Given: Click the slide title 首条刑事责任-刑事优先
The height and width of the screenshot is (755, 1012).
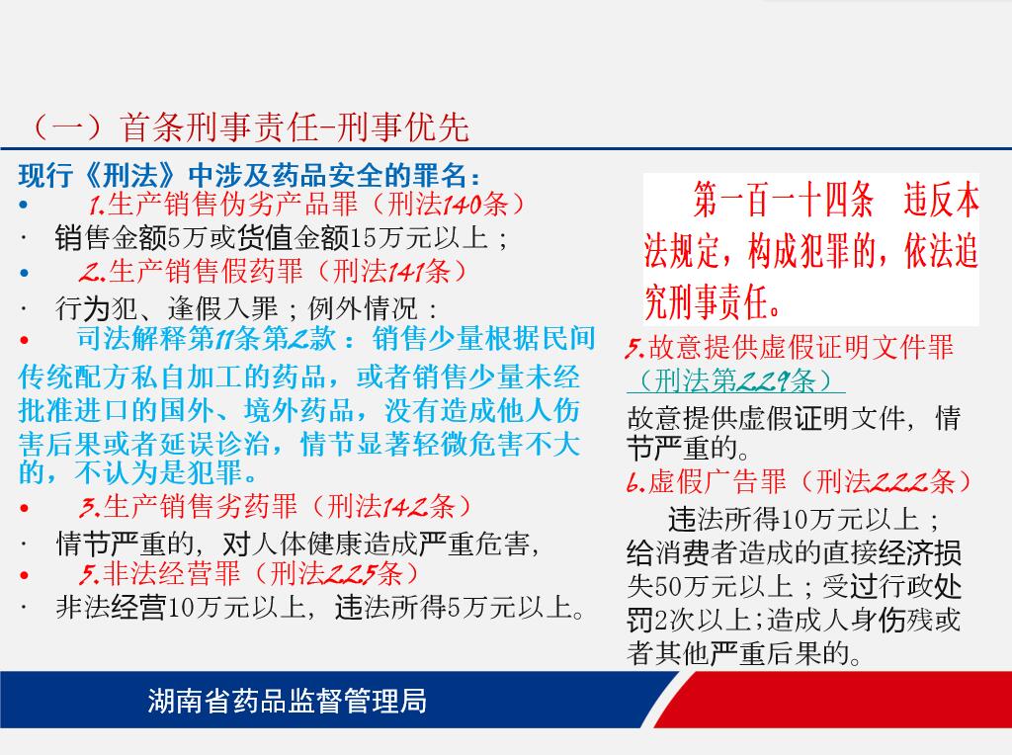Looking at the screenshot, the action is [x=294, y=126].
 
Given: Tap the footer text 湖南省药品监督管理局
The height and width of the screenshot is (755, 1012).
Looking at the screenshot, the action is [x=288, y=701].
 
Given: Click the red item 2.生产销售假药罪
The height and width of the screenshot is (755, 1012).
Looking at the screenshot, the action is [x=191, y=271].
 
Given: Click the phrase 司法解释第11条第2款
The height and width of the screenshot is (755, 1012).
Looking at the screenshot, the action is [x=207, y=339].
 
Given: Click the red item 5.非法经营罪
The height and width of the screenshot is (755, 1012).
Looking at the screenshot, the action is [x=159, y=574].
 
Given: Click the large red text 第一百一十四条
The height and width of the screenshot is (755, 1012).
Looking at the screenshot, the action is [x=784, y=200].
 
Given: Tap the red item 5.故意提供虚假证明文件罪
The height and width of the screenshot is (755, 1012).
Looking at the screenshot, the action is [x=790, y=348].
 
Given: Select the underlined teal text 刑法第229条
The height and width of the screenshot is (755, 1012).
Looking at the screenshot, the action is [x=735, y=380].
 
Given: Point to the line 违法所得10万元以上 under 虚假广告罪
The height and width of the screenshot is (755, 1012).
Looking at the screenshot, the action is [x=794, y=519].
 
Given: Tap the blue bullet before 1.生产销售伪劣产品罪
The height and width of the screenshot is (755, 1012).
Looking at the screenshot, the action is [x=24, y=206].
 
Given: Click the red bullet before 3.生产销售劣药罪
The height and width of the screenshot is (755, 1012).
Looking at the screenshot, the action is [x=24, y=508].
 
